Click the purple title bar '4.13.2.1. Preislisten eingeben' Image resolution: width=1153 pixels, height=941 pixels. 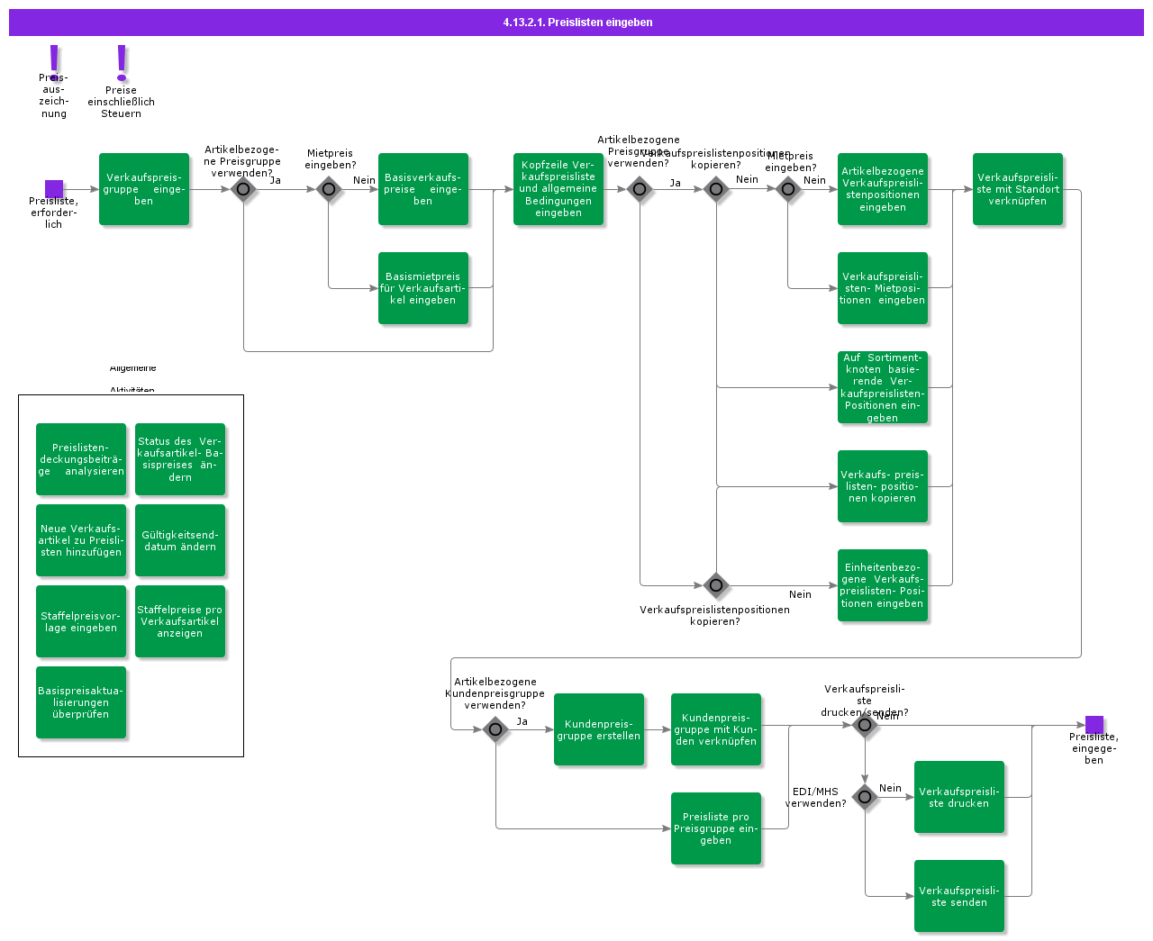click(x=576, y=23)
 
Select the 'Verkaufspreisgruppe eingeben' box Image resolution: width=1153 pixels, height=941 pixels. click(x=144, y=189)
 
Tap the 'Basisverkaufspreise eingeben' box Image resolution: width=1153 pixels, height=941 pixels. click(x=423, y=189)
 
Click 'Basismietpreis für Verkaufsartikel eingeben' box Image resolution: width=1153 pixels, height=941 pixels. click(x=423, y=288)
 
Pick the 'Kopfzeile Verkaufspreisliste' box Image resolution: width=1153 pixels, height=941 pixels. click(x=558, y=189)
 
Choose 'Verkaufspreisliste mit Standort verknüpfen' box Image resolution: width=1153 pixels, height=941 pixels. click(x=1018, y=189)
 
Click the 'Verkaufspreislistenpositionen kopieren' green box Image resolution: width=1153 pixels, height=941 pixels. click(x=883, y=486)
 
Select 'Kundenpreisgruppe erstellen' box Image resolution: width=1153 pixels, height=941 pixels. click(x=599, y=729)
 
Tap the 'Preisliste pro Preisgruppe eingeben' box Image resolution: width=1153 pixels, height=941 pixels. click(x=716, y=828)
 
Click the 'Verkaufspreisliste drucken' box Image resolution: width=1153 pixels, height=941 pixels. click(x=959, y=797)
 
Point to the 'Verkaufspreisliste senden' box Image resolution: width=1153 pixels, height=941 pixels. click(x=959, y=896)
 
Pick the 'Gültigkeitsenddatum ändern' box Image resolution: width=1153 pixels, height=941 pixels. click(x=180, y=540)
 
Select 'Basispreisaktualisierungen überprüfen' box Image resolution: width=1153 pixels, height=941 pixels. click(x=81, y=702)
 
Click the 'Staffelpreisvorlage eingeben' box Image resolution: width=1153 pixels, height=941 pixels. click(x=81, y=621)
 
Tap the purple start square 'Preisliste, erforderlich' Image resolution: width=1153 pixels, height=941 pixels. click(x=54, y=189)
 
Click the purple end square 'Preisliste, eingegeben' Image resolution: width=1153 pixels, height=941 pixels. click(x=1094, y=725)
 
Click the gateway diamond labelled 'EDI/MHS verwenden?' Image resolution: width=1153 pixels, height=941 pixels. click(x=865, y=797)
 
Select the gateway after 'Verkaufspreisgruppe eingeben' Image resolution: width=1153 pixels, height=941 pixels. click(x=243, y=189)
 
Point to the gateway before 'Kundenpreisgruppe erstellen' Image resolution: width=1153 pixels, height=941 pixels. click(x=495, y=729)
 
